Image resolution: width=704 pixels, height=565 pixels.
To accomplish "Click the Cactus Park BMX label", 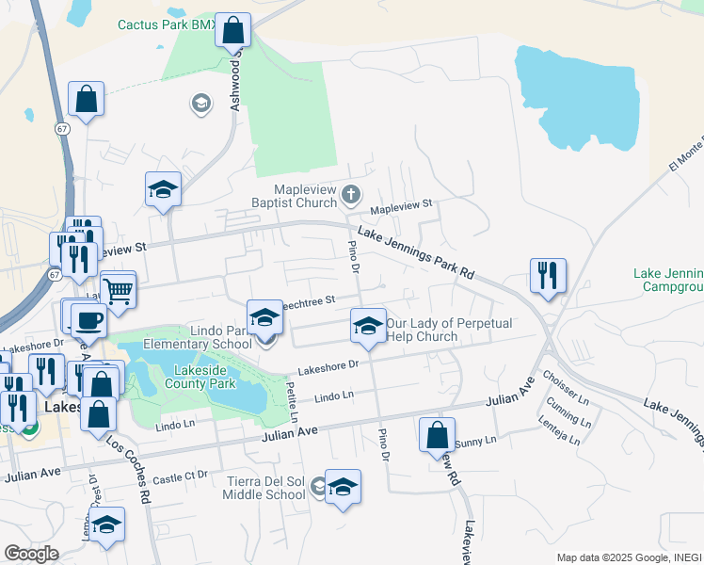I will (x=167, y=24).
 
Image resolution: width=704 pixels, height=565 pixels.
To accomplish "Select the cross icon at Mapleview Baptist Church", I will (x=351, y=195).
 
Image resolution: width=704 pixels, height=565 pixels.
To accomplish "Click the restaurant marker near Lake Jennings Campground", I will (x=548, y=275).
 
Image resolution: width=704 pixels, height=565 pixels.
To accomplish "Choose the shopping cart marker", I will (x=118, y=290).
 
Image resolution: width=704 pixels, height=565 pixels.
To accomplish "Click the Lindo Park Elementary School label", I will (x=207, y=338).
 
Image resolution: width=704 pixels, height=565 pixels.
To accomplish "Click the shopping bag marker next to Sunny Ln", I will (x=437, y=435).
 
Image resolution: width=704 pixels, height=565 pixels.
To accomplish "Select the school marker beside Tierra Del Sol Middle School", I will (x=343, y=487).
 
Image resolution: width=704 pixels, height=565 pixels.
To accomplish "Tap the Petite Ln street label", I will (x=293, y=399).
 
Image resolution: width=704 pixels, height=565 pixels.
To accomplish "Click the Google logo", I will (x=31, y=553).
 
